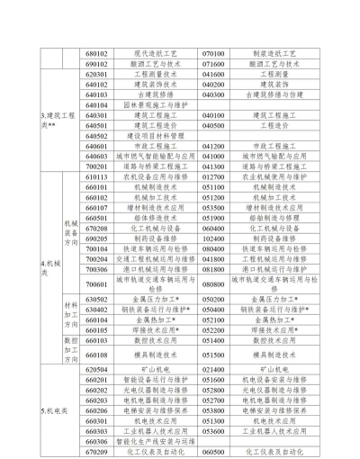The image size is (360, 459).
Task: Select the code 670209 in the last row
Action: click(97, 453)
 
